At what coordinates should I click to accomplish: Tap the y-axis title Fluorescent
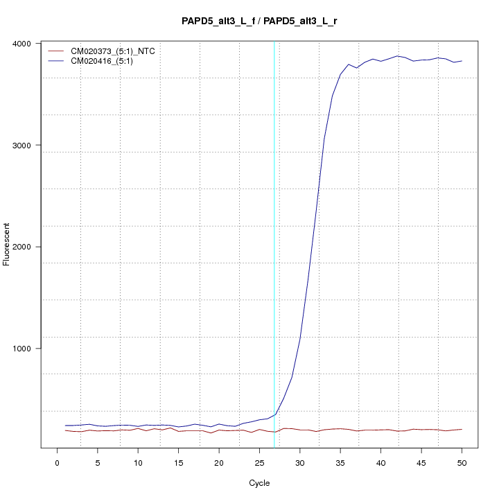[8, 244]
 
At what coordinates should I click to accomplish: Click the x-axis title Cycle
[259, 483]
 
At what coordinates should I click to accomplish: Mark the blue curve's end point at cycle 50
[462, 61]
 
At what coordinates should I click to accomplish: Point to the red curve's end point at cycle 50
[462, 430]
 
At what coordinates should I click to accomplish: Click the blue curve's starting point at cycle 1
[66, 426]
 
